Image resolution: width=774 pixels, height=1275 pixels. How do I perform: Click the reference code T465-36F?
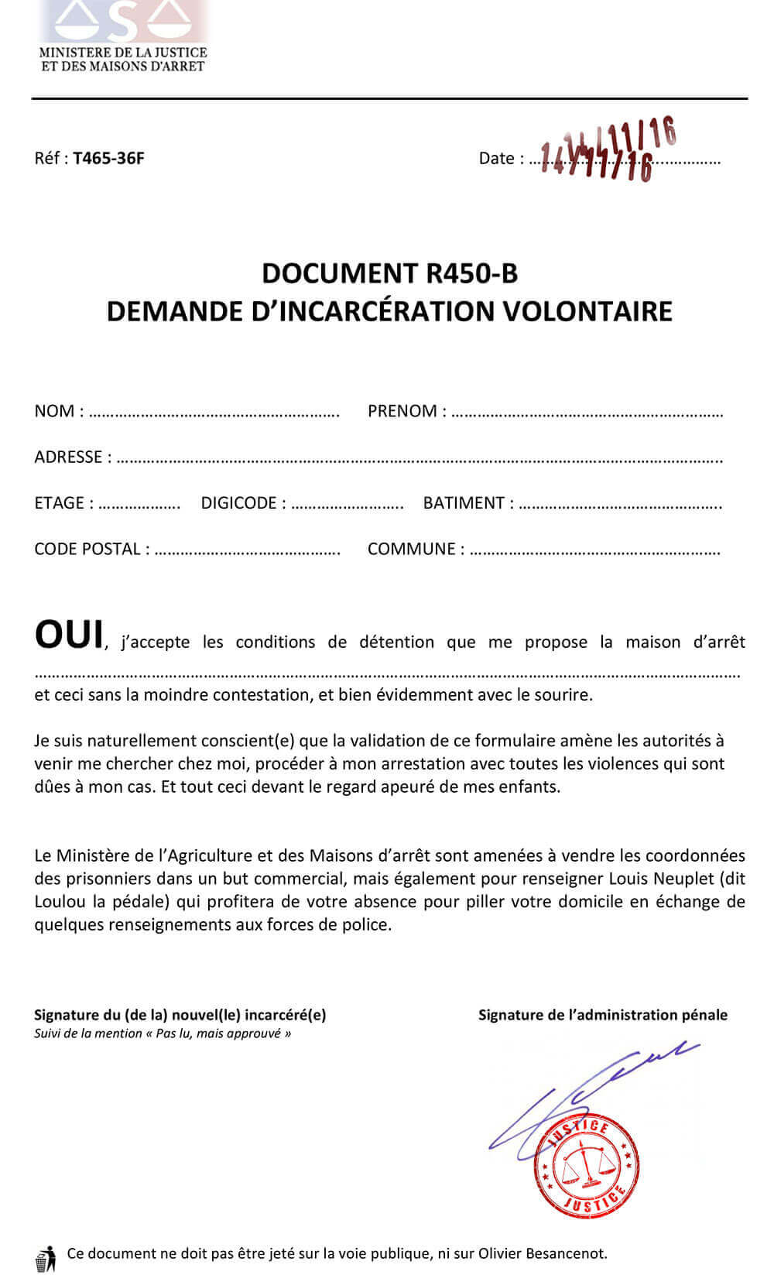click(108, 159)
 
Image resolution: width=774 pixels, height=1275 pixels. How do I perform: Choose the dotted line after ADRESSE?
click(419, 459)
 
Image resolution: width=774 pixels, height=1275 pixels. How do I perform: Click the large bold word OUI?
click(69, 635)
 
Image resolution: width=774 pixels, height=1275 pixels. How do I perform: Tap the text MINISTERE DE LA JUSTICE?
click(123, 53)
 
